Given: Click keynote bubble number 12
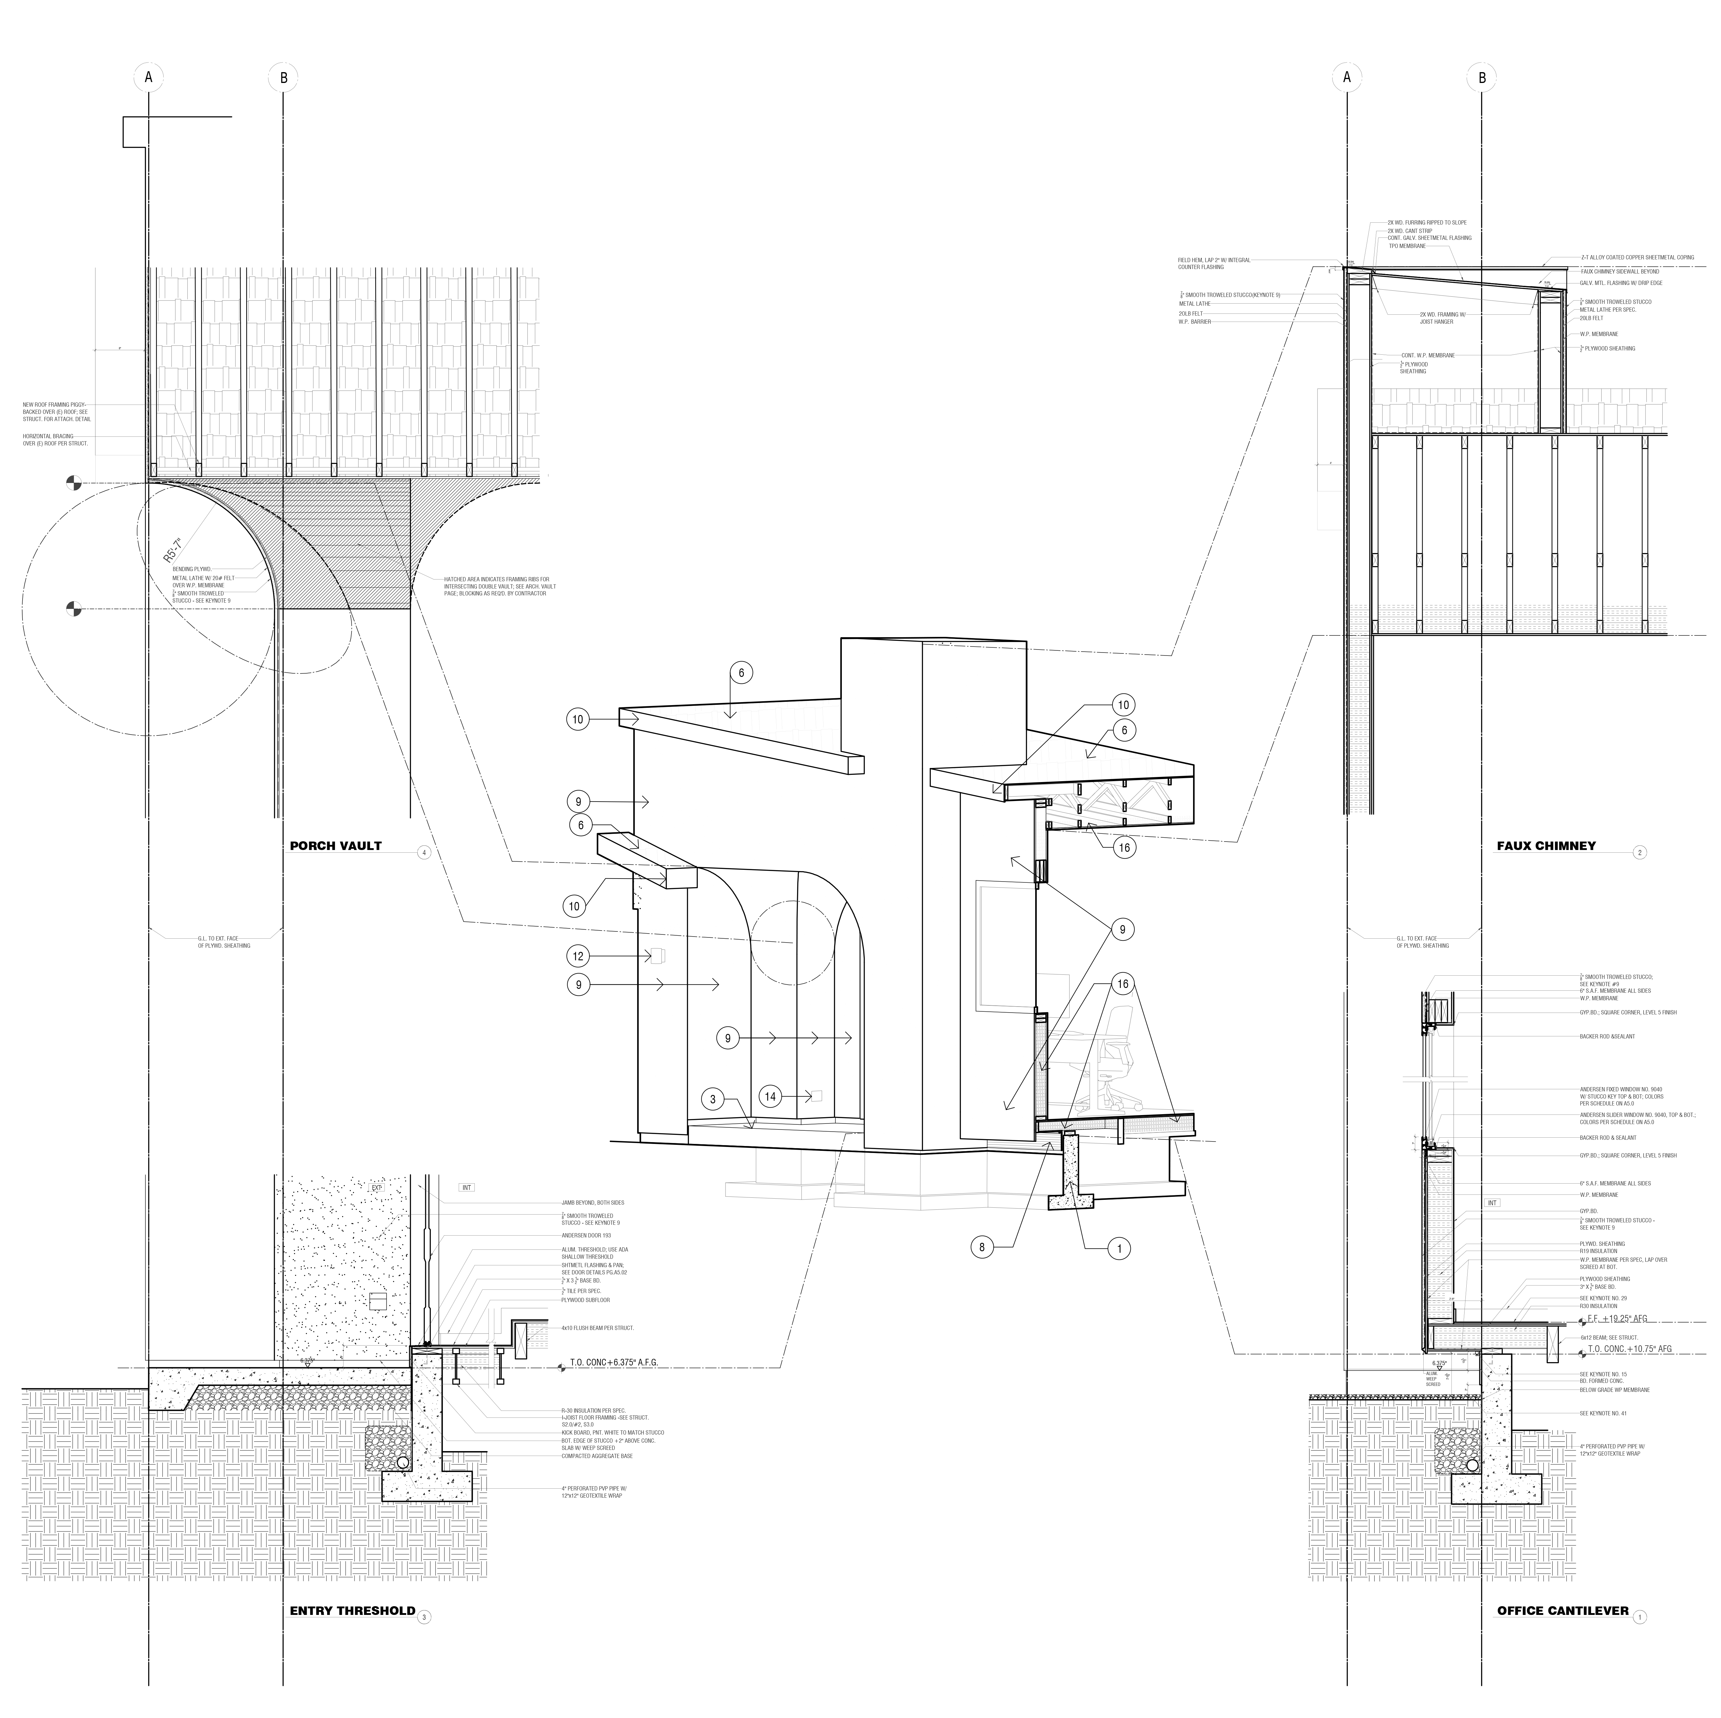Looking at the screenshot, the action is [x=578, y=956].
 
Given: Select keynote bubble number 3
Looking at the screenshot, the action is [x=713, y=1100].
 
